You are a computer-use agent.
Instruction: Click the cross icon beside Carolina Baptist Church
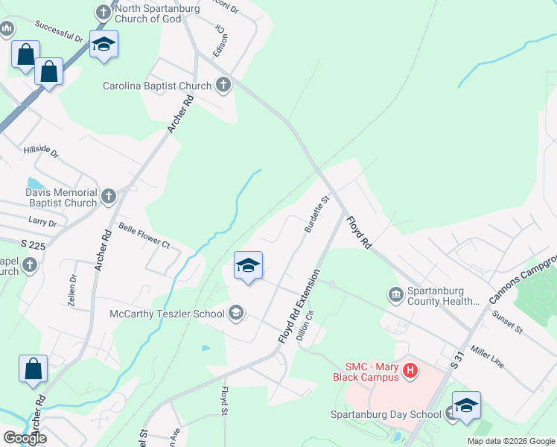pos(223,86)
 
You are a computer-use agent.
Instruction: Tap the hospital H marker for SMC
pos(409,370)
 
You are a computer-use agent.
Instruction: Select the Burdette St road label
pos(316,215)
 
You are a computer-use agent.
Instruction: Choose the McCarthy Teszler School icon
pos(236,313)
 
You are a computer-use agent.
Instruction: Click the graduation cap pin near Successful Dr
pos(104,44)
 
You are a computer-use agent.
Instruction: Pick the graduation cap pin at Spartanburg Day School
pos(466,405)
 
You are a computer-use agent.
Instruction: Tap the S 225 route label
pos(34,244)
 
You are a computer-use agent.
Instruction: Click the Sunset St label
pos(507,321)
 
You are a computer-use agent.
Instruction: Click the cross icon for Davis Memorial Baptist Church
pos(109,197)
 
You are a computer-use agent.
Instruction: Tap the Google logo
pos(25,438)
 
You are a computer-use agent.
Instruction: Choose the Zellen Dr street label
pos(73,289)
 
